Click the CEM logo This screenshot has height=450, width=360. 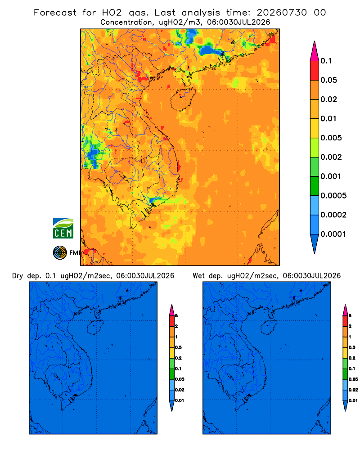pos(63,228)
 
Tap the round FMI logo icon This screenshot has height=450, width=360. pos(60,252)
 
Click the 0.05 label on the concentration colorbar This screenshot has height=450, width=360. pos(328,80)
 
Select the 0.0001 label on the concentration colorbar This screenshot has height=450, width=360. pos(333,234)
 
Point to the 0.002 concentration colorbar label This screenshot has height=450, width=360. pos(331,157)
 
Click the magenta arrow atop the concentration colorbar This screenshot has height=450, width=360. pos(315,51)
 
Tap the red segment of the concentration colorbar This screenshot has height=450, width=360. pos(315,71)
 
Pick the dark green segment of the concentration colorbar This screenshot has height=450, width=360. pos(315,186)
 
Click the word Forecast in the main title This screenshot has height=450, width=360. pos(55,13)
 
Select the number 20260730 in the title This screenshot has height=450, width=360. pos(282,13)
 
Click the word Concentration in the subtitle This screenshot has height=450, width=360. pos(126,22)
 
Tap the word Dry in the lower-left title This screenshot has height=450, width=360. pos(17,276)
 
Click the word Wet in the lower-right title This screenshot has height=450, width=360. pos(198,276)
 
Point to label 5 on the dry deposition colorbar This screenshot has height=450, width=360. pos(176,316)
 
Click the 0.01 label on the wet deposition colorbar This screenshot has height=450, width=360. pos(353,400)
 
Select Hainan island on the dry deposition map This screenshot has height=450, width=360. pos(94,328)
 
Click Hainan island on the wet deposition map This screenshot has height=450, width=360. pos(268,328)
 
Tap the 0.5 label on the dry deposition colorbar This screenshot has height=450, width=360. pos(178,347)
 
